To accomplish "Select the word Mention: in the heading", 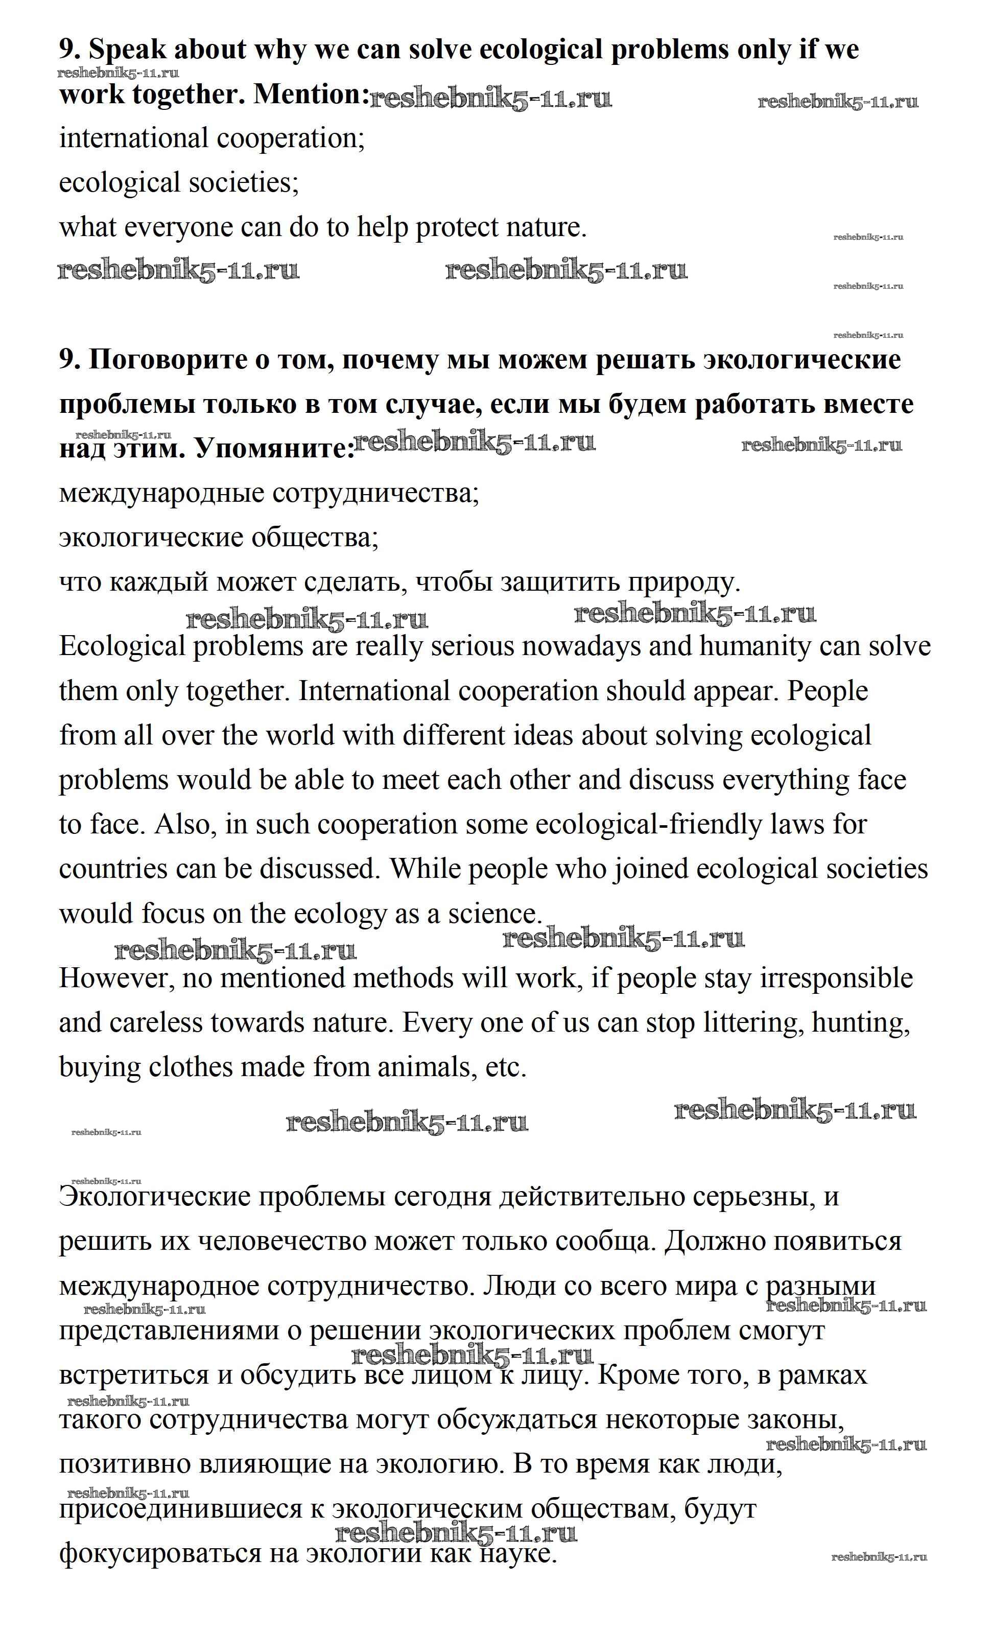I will point(311,95).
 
